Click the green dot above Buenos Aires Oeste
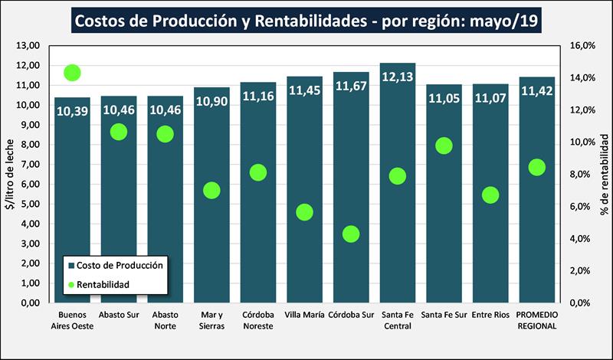pyautogui.click(x=73, y=74)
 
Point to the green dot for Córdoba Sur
pyautogui.click(x=351, y=234)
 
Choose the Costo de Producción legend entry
pyautogui.click(x=115, y=265)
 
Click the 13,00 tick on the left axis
pyautogui.click(x=28, y=46)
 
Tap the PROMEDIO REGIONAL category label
pyautogui.click(x=537, y=320)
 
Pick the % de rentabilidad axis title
pyautogui.click(x=604, y=175)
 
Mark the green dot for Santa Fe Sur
pyautogui.click(x=444, y=146)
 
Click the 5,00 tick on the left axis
pyautogui.click(x=29, y=205)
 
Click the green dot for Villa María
pyautogui.click(x=305, y=212)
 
